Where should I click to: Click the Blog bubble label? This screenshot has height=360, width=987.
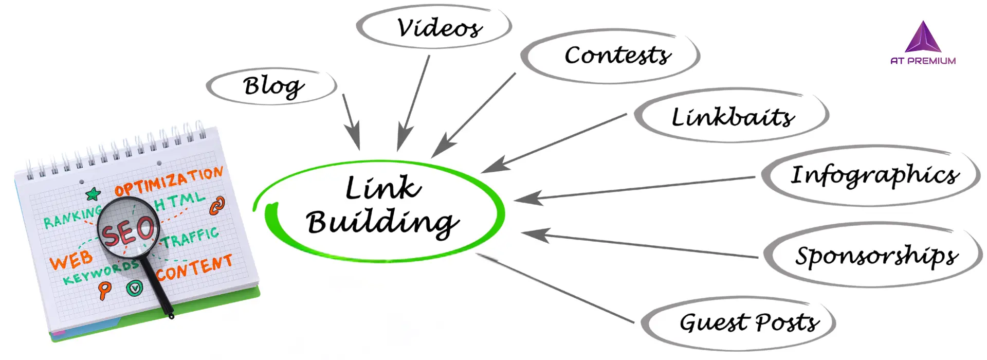tap(273, 86)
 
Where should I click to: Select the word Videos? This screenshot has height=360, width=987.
tap(440, 28)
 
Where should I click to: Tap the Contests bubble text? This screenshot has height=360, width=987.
tap(617, 55)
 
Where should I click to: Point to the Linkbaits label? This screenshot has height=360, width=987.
tap(733, 117)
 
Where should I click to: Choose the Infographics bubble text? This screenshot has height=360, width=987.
tap(874, 175)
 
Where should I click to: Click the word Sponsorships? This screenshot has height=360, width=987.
tap(876, 256)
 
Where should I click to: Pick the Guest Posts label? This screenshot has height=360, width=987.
tap(749, 322)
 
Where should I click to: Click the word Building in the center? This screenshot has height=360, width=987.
tap(381, 223)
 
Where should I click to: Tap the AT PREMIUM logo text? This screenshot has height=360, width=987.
tap(923, 61)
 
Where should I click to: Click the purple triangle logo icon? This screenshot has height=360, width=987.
tap(923, 38)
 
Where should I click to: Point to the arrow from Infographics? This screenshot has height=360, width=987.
tap(632, 188)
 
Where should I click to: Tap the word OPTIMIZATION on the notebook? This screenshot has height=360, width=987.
tap(169, 182)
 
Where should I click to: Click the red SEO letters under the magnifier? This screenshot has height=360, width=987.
tap(127, 230)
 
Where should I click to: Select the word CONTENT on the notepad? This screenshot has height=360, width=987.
tap(194, 267)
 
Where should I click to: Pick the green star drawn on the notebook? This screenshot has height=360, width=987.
tap(93, 194)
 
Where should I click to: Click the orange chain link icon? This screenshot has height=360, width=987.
tap(217, 205)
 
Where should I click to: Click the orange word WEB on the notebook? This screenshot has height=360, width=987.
tap(71, 260)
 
